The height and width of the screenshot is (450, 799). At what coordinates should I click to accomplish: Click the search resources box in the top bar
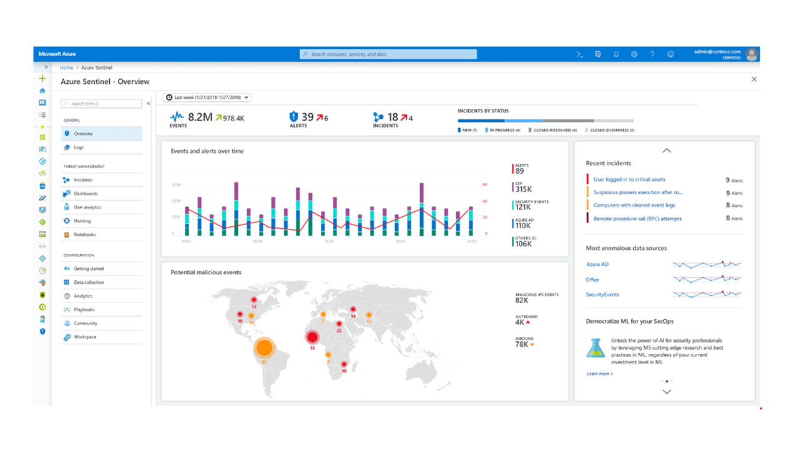[388, 54]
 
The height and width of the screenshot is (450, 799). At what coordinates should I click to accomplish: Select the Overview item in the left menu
[83, 134]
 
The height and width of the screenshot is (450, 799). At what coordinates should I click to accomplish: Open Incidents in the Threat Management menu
[83, 180]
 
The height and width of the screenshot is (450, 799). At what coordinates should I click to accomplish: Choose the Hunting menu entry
[82, 221]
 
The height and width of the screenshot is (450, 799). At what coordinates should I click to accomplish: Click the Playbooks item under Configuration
[84, 309]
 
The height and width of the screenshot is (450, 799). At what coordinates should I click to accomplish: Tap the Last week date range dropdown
[207, 97]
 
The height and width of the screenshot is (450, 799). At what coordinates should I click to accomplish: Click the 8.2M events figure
[200, 117]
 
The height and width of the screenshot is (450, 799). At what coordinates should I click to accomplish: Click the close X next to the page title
[754, 79]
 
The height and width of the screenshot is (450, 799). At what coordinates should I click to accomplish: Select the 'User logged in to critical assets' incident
[629, 179]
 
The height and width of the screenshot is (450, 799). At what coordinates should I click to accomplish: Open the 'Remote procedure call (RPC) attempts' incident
[637, 219]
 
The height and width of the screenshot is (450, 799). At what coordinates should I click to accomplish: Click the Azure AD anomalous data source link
[597, 264]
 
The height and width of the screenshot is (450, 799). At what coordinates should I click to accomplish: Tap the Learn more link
[599, 374]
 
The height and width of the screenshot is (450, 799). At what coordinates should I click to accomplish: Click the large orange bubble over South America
[264, 347]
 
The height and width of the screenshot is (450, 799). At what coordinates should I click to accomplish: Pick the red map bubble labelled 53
[312, 338]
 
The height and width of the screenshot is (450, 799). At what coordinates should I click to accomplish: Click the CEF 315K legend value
[523, 189]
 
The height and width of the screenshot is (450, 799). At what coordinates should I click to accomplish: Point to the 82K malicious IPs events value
[522, 301]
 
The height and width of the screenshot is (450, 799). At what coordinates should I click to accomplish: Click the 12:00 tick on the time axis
[328, 241]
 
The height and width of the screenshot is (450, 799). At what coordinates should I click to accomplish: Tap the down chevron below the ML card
[667, 392]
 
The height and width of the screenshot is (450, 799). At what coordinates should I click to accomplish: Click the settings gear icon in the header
[634, 54]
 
